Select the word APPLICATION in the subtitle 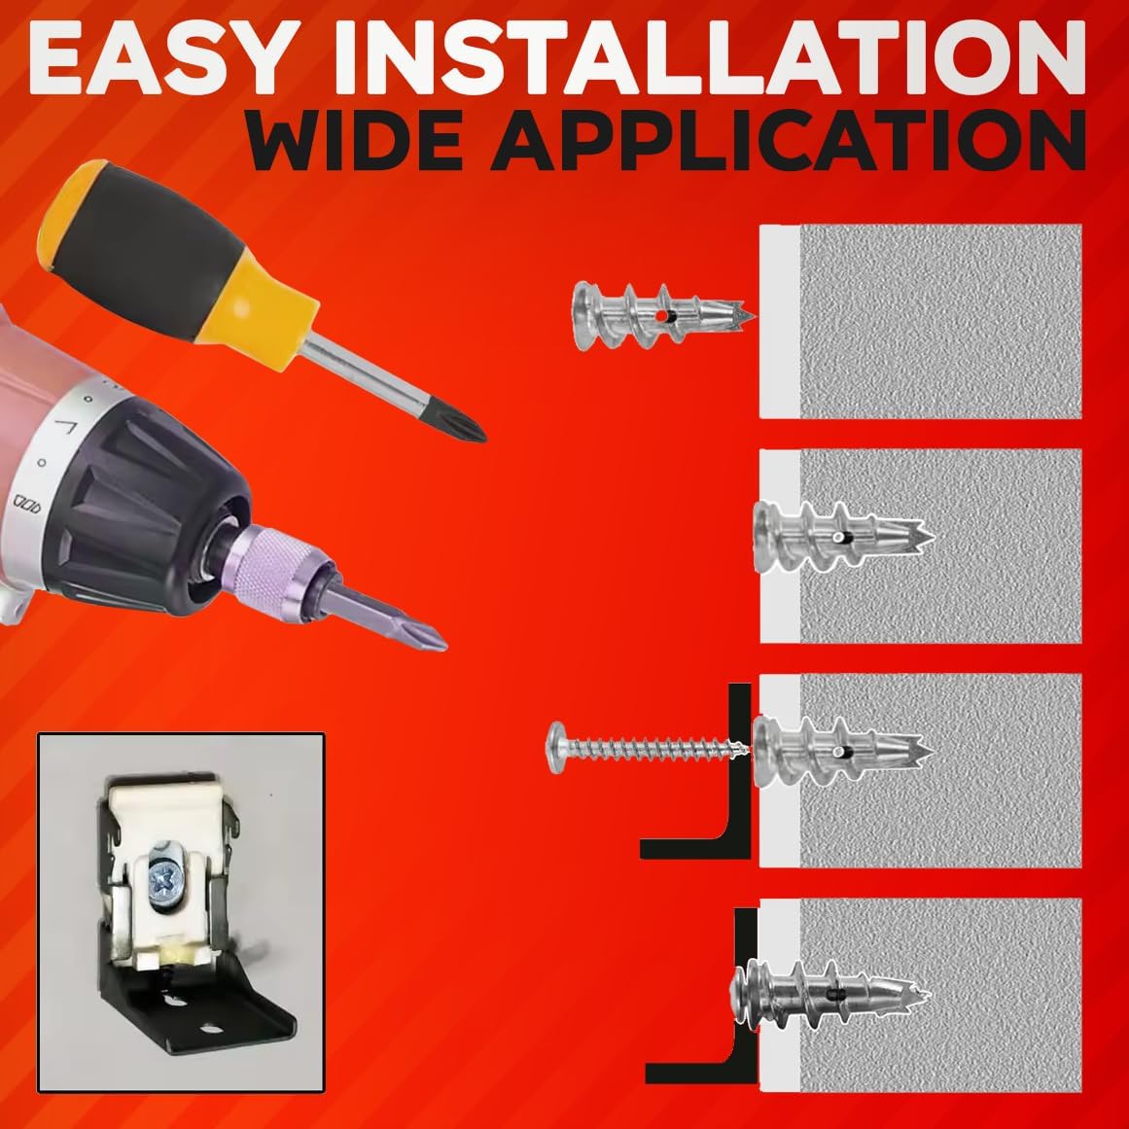click(788, 140)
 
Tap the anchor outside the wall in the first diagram click(662, 315)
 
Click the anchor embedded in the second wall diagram click(842, 537)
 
